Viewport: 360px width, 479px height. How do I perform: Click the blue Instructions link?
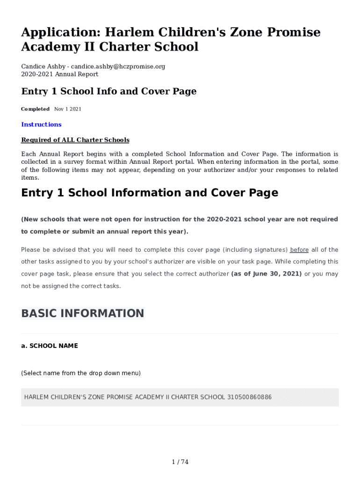coord(41,124)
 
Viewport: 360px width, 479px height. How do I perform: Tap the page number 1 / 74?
coord(180,462)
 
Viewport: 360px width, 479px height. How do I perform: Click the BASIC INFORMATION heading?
coord(82,313)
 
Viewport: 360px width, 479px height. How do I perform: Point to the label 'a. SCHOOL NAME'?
coord(50,346)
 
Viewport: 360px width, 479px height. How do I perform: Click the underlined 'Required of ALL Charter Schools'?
coord(75,140)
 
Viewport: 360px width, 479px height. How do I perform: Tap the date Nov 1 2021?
coord(68,109)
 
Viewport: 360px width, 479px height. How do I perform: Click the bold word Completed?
coord(35,109)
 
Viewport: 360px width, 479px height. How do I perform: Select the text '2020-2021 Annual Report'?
coord(59,74)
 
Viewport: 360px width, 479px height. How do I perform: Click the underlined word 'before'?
coord(299,250)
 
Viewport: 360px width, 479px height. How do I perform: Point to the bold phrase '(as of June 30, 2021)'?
coord(266,274)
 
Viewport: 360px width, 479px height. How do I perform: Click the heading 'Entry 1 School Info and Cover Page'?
coord(108,91)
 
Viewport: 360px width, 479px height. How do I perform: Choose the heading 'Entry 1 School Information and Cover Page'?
coord(150,193)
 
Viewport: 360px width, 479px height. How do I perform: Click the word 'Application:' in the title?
coord(60,32)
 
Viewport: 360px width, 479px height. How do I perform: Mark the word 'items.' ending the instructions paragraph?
coord(30,178)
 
